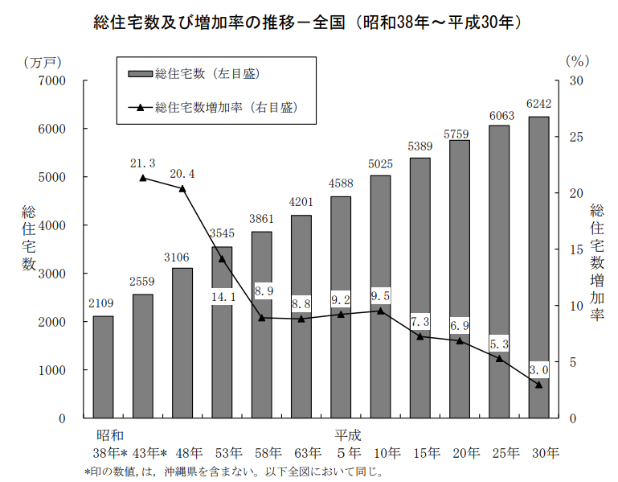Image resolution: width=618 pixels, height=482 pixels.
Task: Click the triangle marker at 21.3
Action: click(x=142, y=178)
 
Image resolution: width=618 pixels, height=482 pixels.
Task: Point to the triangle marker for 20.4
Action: click(x=182, y=188)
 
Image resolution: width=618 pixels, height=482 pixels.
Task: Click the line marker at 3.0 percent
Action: click(x=538, y=385)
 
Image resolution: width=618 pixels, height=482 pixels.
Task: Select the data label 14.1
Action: click(x=222, y=297)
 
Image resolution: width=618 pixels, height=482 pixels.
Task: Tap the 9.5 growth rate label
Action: click(x=380, y=295)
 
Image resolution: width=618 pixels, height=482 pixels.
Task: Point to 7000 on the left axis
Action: click(x=51, y=80)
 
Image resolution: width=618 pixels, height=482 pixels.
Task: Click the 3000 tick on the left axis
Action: click(x=51, y=274)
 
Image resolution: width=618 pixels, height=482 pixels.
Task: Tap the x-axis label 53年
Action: click(x=222, y=453)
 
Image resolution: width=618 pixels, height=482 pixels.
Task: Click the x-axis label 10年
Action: click(x=380, y=453)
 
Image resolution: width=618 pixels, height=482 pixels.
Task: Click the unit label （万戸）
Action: click(x=43, y=61)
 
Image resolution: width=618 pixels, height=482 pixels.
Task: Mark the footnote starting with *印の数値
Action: click(x=233, y=472)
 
